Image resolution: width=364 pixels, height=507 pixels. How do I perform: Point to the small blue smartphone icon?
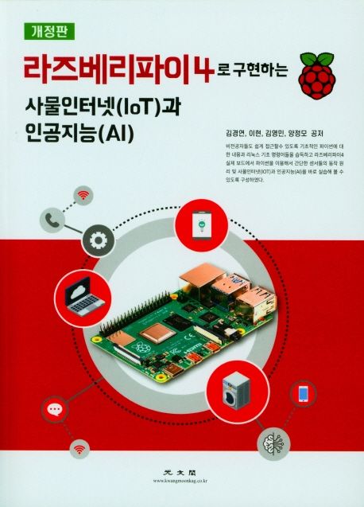303,392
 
